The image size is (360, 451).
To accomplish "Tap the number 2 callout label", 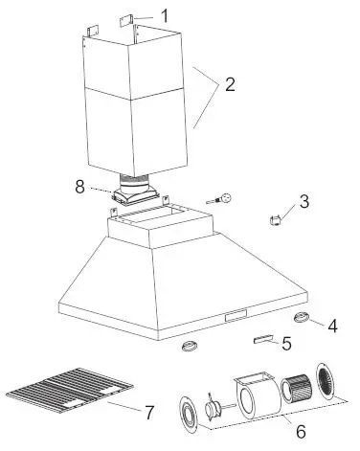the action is pyautogui.click(x=228, y=83).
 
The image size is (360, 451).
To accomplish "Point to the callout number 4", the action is pyautogui.click(x=331, y=326).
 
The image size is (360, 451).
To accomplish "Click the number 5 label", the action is pyautogui.click(x=286, y=344).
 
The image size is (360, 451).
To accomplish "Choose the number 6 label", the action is pyautogui.click(x=300, y=431).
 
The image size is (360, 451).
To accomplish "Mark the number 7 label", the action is pyautogui.click(x=148, y=413).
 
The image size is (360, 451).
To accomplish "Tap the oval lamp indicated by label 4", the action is pyautogui.click(x=304, y=318).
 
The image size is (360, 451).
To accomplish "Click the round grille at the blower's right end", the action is pyautogui.click(x=326, y=381).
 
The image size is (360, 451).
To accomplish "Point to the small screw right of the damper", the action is pyautogui.click(x=224, y=199).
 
